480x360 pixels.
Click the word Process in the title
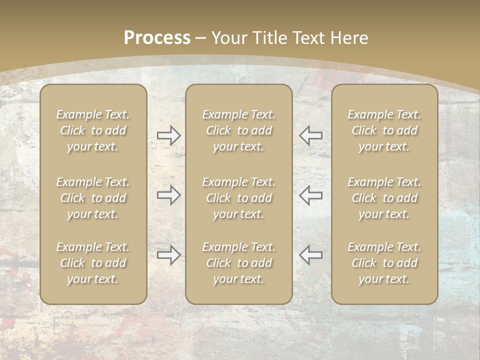tap(157, 38)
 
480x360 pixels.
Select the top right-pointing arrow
tap(168, 135)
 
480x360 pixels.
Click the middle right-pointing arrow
tap(168, 195)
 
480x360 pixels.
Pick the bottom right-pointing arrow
tap(168, 255)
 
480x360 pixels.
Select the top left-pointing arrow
tap(310, 135)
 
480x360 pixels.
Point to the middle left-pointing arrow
tap(310, 195)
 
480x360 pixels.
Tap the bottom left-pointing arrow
tap(310, 255)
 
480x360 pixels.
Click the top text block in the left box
tap(93, 130)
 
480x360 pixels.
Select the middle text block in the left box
tap(93, 198)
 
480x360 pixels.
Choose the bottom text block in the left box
tap(93, 263)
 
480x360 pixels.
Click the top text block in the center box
tap(238, 130)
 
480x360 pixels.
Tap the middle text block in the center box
tap(238, 198)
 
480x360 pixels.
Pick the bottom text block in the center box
tap(238, 263)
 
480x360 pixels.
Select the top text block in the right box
tap(384, 130)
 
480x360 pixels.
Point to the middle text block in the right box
tap(384, 198)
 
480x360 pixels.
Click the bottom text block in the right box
tap(384, 263)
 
